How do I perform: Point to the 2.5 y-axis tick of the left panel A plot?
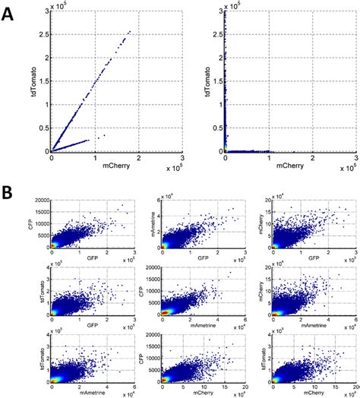coord(43,33)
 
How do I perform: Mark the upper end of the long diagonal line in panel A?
coord(130,31)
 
